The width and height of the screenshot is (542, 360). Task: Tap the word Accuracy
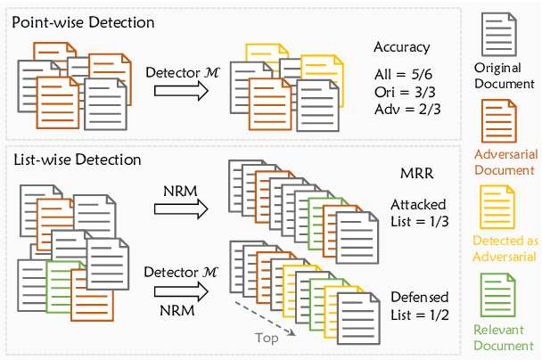401,48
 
